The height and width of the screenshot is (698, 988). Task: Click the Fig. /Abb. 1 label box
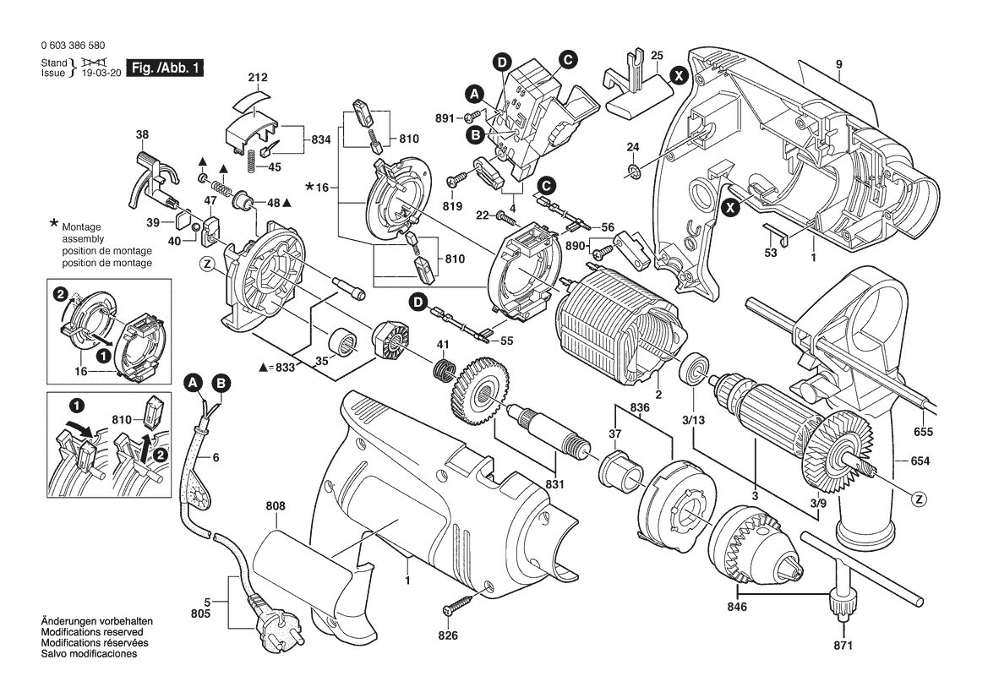[x=165, y=68]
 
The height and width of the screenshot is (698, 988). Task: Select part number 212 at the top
[x=258, y=79]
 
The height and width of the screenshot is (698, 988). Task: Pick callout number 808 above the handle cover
[x=275, y=508]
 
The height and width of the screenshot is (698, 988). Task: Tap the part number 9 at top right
[x=839, y=64]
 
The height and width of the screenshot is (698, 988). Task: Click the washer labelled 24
[x=634, y=174]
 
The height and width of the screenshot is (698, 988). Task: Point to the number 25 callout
[x=657, y=56]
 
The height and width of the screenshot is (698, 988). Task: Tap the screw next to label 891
[x=476, y=116]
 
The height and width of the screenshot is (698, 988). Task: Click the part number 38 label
[x=142, y=135]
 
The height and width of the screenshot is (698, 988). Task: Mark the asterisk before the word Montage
[x=54, y=224]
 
